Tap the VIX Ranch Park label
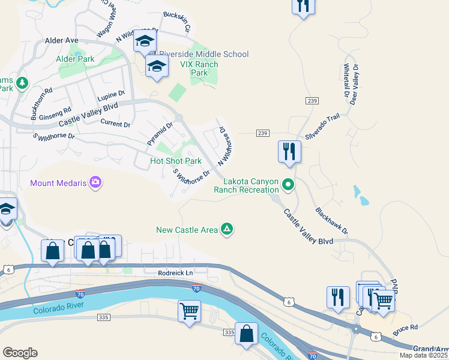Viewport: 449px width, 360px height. point(199,68)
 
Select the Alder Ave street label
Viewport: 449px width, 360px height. point(62,40)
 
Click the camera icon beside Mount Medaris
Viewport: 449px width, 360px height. point(95,182)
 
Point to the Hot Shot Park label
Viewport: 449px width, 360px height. point(175,161)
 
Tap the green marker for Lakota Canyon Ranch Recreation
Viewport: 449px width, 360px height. point(288,185)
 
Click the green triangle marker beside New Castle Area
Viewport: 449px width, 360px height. point(227,229)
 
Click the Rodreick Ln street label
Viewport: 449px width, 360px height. point(175,273)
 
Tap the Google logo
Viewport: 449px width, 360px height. point(20,353)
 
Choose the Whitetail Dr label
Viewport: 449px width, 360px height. point(346,81)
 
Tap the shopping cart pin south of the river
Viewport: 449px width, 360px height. point(189,311)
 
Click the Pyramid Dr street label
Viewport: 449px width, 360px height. point(160,134)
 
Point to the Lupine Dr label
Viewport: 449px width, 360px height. point(111,94)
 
